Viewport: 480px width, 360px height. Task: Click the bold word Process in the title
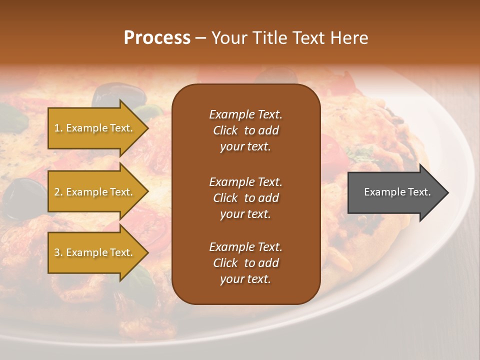pyautogui.click(x=157, y=38)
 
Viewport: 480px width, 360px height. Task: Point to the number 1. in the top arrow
pyautogui.click(x=58, y=128)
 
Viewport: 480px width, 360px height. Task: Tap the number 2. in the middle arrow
pyautogui.click(x=58, y=192)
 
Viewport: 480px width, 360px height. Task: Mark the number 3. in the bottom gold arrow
pyautogui.click(x=58, y=252)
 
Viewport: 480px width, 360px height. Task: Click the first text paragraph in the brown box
pyautogui.click(x=245, y=130)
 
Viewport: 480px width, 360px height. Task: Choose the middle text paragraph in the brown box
pyautogui.click(x=245, y=198)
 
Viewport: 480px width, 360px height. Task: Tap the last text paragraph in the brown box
pyautogui.click(x=245, y=263)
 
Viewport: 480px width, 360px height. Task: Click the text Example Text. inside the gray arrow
pyautogui.click(x=397, y=192)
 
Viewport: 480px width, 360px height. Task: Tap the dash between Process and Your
pyautogui.click(x=200, y=38)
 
